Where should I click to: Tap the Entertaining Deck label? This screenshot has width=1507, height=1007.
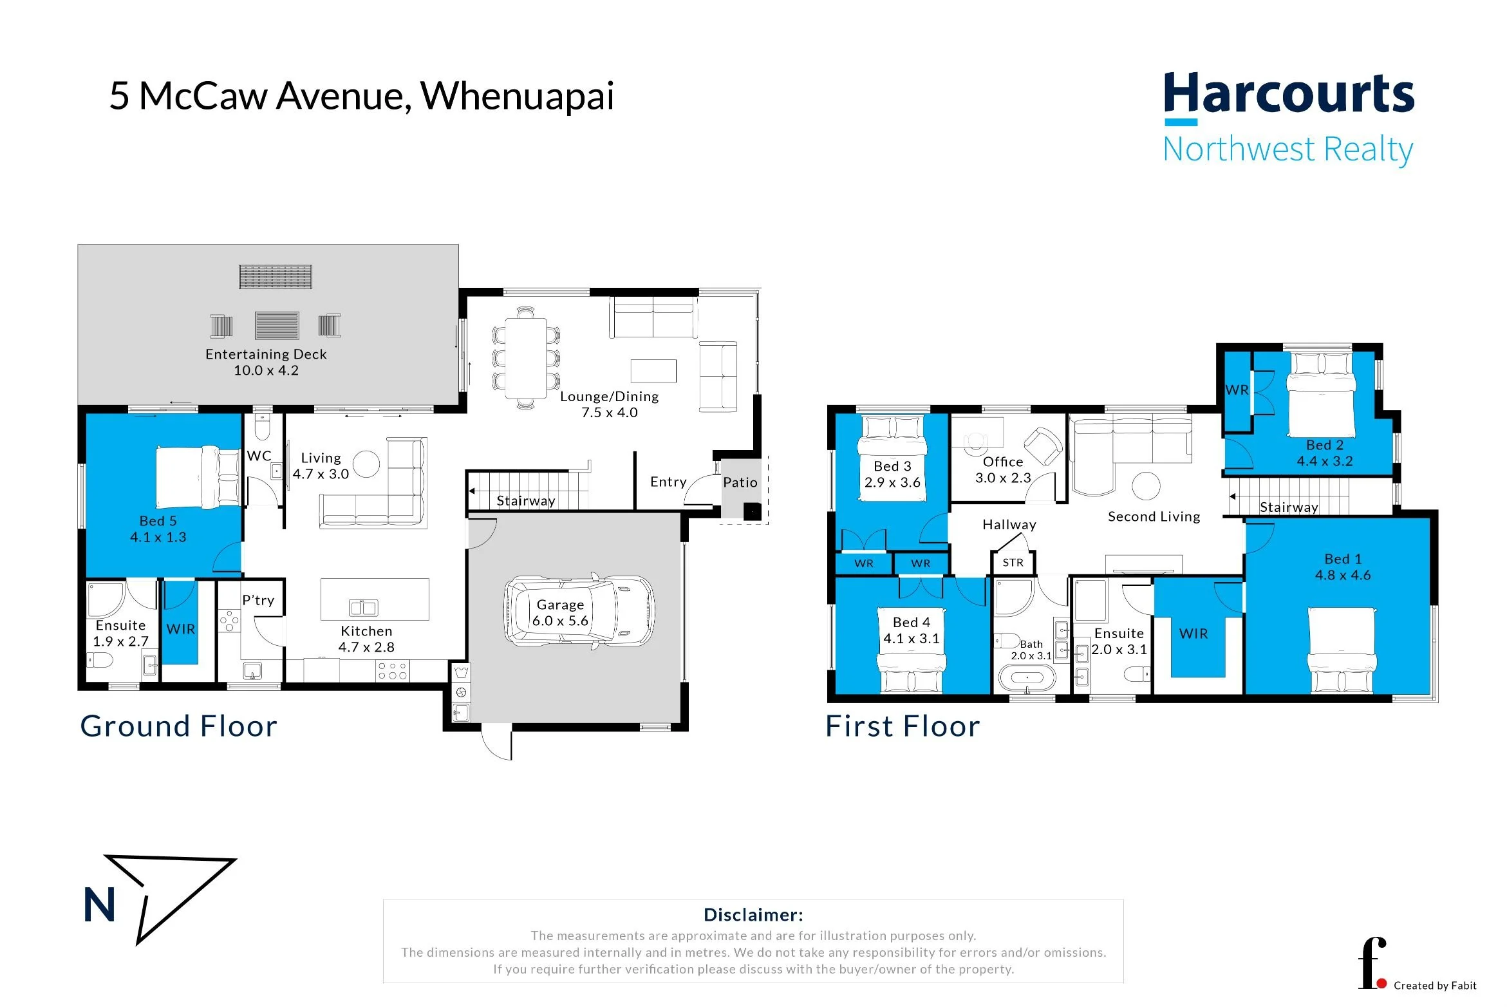(266, 354)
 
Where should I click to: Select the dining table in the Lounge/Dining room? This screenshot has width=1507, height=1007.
(526, 358)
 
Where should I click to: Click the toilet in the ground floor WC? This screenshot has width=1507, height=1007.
(263, 425)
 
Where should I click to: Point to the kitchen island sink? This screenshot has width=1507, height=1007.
(363, 607)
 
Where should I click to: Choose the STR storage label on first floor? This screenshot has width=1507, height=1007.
(1013, 563)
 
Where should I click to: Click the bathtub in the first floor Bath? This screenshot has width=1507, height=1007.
(1027, 678)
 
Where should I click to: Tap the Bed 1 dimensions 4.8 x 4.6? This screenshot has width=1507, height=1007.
(1343, 575)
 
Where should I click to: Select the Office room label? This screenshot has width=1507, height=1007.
(1003, 462)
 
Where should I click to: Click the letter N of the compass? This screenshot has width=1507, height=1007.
(100, 905)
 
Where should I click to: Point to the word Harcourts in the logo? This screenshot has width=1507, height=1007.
(1289, 94)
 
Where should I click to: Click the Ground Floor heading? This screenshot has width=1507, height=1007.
(179, 726)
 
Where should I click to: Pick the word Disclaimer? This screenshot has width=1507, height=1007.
(753, 915)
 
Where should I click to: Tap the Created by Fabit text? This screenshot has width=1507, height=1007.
(1435, 986)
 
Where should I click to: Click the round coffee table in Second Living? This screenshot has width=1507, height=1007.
(1146, 486)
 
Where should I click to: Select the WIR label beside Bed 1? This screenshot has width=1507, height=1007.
(1193, 634)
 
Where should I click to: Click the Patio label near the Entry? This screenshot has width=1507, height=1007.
(740, 482)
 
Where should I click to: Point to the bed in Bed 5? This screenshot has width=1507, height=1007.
(199, 477)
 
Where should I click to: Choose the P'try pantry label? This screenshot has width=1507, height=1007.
(258, 600)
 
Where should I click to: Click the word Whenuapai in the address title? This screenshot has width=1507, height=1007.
(518, 97)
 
